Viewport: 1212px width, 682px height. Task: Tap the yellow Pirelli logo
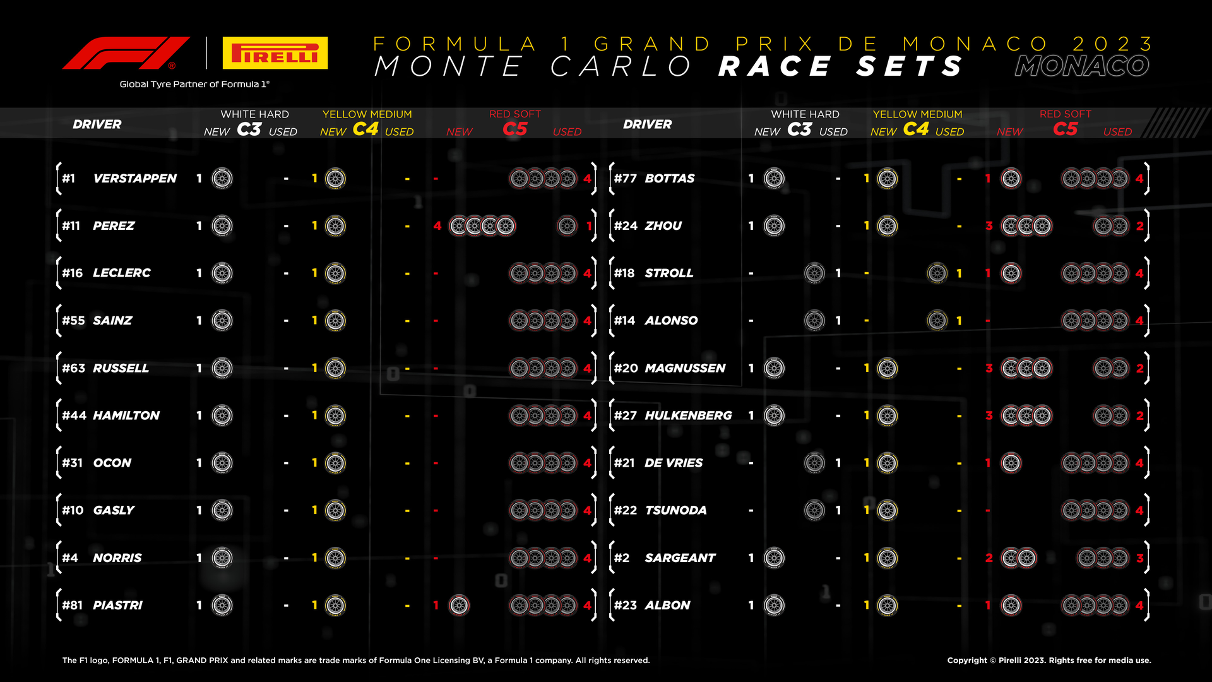click(275, 52)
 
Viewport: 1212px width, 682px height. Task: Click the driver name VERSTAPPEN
click(135, 179)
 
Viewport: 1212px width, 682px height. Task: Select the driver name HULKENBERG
click(688, 416)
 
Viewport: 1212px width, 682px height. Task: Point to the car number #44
click(74, 416)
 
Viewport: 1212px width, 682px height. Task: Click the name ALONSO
click(671, 321)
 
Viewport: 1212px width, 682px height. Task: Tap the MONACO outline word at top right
click(1082, 66)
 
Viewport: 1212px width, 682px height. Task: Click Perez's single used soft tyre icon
click(567, 225)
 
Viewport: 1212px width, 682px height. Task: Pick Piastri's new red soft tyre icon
click(459, 605)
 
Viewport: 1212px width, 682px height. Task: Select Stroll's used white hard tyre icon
click(814, 273)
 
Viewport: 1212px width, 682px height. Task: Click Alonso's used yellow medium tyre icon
click(937, 320)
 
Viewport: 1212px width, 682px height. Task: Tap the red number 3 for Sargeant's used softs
click(1140, 558)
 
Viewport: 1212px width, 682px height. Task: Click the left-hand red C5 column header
click(515, 129)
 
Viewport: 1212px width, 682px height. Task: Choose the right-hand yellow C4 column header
click(916, 129)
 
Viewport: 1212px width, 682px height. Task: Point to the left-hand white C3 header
click(249, 129)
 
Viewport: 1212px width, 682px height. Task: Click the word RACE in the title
click(776, 66)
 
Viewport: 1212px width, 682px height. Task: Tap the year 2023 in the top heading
click(1113, 44)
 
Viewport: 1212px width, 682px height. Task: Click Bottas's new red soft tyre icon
click(1011, 179)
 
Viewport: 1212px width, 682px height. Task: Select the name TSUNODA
click(675, 510)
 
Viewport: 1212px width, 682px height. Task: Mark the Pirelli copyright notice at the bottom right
click(1049, 661)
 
